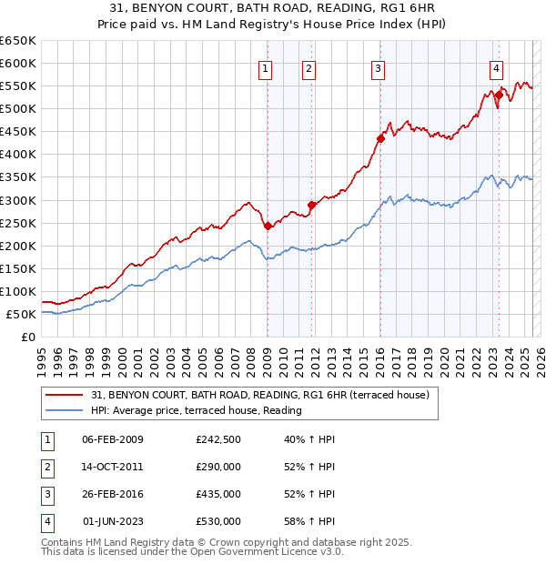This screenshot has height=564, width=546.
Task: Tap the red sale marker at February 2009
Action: click(268, 226)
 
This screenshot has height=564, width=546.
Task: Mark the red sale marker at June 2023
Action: click(500, 95)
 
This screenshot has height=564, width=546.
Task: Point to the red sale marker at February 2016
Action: click(381, 138)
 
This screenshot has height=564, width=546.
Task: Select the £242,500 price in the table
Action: click(218, 439)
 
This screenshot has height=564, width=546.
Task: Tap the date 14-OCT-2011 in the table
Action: click(113, 467)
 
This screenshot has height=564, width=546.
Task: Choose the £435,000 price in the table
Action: click(218, 494)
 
